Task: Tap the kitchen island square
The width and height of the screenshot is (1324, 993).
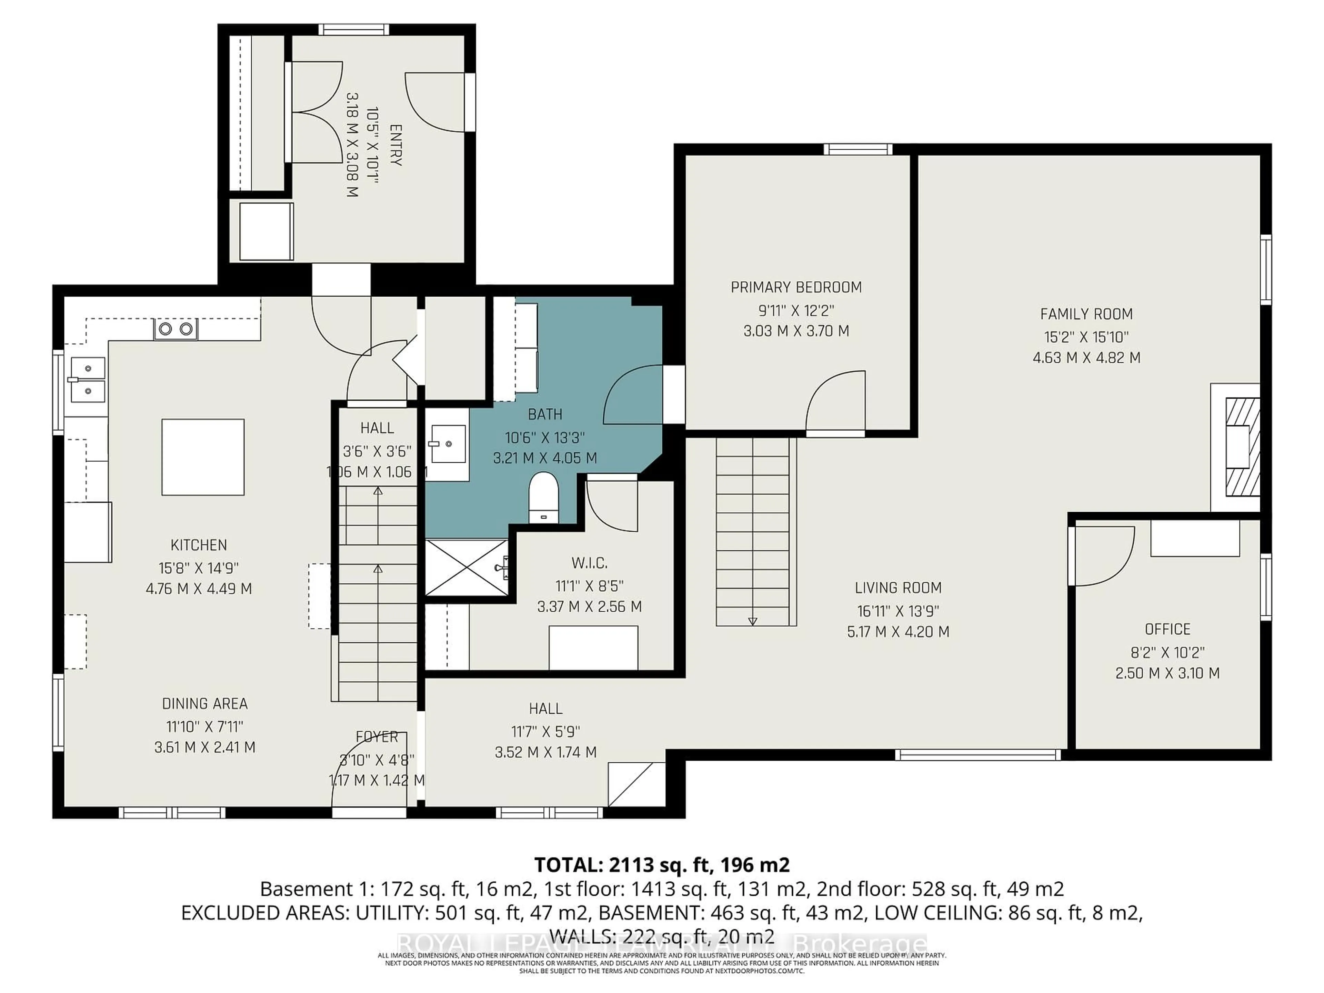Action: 203,457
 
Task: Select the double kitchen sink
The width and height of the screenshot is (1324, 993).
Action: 87,380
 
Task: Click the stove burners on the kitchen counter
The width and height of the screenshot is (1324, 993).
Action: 176,329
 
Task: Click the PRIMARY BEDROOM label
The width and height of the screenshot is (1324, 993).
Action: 796,287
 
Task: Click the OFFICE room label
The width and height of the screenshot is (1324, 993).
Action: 1167,630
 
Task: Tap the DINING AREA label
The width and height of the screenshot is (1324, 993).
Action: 205,704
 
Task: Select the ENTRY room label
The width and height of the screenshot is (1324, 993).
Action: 395,146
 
